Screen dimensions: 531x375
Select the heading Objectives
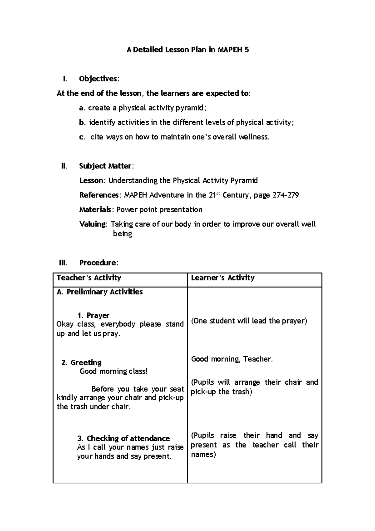coord(98,79)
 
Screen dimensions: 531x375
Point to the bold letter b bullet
coord(82,122)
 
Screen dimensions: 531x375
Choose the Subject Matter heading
coord(106,166)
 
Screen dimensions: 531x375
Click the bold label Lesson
coord(91,180)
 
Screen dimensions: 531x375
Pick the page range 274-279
coord(286,195)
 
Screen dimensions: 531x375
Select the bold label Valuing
coord(93,224)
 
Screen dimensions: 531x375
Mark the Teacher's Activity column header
coord(89,278)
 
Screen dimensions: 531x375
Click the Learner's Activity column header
coord(222,278)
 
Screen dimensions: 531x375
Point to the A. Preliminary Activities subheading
coord(100,292)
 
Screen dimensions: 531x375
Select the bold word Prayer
coord(98,315)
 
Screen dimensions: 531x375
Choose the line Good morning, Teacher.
coord(232,359)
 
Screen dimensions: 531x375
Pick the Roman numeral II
coord(64,166)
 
